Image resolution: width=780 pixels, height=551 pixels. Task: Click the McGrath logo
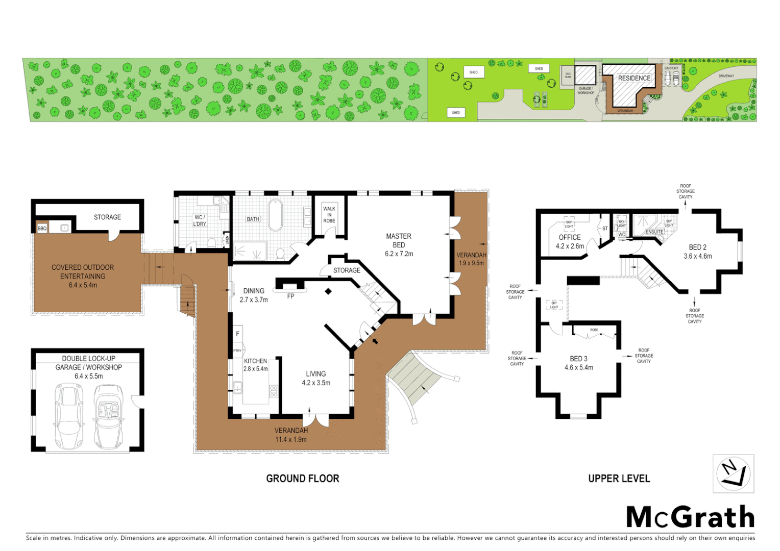690,517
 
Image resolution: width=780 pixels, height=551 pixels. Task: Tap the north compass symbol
733,473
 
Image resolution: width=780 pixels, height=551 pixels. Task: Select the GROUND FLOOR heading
302,479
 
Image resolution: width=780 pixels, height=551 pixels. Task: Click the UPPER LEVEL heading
619,479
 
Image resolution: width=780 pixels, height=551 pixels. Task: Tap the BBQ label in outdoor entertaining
42,229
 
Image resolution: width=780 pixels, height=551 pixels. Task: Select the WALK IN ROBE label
329,215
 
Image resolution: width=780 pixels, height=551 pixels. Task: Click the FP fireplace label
290,296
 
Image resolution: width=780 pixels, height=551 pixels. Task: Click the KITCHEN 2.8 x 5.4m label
255,365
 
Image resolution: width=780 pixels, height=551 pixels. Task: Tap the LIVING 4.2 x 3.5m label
316,378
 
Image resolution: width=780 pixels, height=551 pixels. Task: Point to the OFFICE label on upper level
570,241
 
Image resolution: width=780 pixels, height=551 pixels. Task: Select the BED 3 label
578,363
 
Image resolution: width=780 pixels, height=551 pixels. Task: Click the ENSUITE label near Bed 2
654,232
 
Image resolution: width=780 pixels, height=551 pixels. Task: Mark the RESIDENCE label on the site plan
634,78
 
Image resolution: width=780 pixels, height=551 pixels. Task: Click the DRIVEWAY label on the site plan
726,76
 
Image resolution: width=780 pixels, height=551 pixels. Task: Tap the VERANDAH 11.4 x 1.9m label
291,435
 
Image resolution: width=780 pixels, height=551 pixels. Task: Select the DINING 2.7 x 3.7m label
254,295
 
